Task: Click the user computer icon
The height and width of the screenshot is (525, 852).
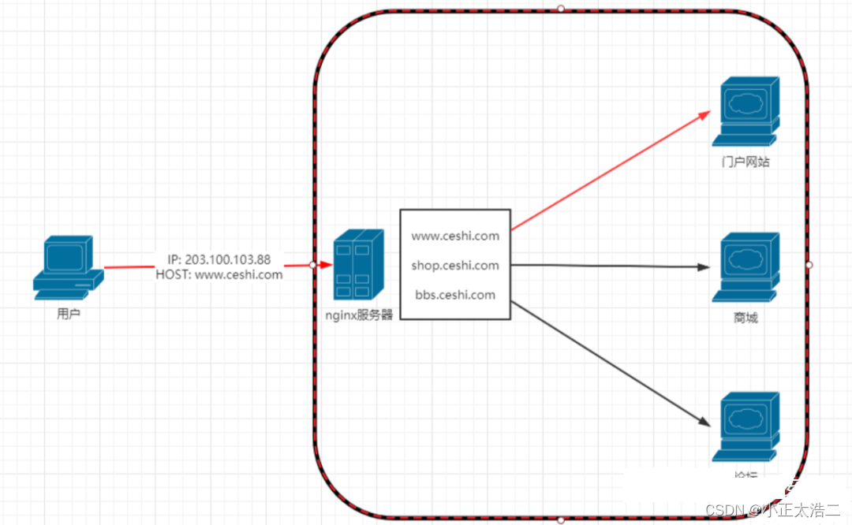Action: (69, 267)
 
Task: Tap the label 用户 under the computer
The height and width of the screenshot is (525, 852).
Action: (69, 314)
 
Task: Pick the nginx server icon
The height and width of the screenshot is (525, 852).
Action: (357, 265)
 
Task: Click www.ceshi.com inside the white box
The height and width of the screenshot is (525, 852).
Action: (455, 235)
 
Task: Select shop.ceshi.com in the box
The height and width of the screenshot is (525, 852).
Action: (455, 265)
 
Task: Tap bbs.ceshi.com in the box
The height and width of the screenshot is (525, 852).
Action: (455, 295)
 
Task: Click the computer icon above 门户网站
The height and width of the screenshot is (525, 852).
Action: (745, 112)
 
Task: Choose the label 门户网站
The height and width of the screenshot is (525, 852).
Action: (745, 162)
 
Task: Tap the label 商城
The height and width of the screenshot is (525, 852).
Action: (745, 318)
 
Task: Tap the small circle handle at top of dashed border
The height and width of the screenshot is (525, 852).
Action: (561, 9)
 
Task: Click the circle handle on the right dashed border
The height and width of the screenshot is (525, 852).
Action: (809, 265)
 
